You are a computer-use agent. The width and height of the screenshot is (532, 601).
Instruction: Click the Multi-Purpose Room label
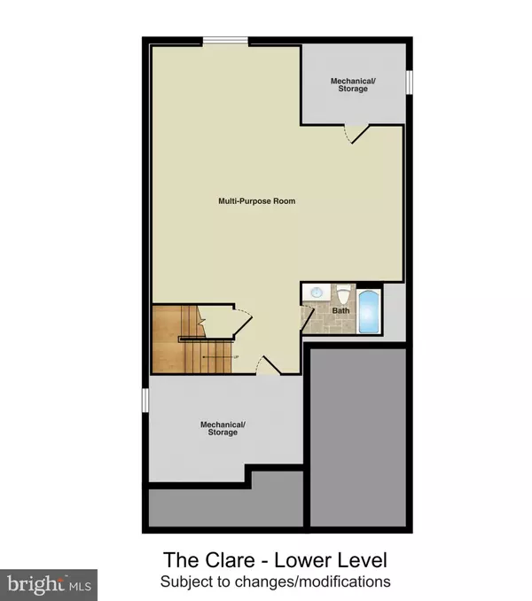coord(257,201)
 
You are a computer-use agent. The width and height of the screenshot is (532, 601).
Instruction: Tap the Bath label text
coord(340,310)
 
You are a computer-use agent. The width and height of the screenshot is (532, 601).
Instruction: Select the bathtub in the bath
coord(369,312)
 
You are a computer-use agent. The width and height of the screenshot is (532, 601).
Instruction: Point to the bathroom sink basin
coord(317,293)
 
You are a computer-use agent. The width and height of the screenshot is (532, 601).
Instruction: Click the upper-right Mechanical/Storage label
coord(353,85)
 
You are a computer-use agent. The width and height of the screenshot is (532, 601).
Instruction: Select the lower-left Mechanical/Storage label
coord(223,428)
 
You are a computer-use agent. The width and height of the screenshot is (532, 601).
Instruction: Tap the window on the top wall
coord(225,41)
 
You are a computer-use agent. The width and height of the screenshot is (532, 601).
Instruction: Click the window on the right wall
coord(409,82)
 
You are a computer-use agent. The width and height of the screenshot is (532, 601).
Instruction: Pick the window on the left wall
coord(145,400)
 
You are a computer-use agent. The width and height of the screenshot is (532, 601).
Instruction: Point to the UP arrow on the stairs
coord(221,357)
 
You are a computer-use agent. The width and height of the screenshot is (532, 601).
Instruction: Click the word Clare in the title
coord(231,560)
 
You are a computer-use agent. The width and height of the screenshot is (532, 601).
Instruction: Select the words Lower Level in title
coord(331,560)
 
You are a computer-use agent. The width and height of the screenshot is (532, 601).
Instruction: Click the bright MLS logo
coord(49,585)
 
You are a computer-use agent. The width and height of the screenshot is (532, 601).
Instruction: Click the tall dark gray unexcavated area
coord(358,437)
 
